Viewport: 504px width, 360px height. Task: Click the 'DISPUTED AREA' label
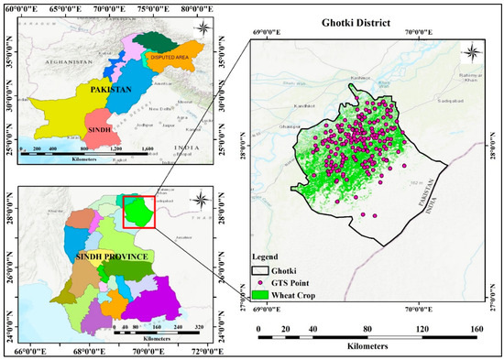pyautogui.click(x=165, y=53)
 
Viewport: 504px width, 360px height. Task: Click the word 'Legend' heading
pyautogui.click(x=270, y=258)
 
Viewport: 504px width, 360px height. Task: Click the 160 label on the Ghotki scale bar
pyautogui.click(x=477, y=329)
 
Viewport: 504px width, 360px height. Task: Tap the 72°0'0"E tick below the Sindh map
pyautogui.click(x=202, y=349)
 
